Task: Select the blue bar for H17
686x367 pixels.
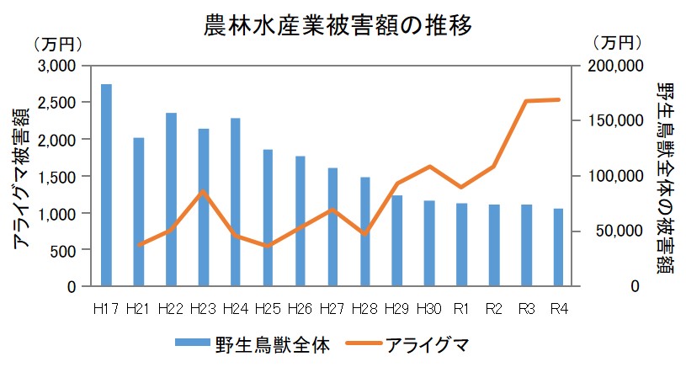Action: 106,185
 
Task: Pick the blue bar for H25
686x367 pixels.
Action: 268,218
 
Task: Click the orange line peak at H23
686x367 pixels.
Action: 204,192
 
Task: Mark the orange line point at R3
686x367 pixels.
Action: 526,101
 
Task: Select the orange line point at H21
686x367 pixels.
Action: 139,245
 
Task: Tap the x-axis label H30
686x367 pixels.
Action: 429,309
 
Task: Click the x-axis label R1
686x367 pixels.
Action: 461,309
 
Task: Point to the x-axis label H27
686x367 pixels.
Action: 332,309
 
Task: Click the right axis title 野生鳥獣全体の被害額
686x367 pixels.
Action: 665,177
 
